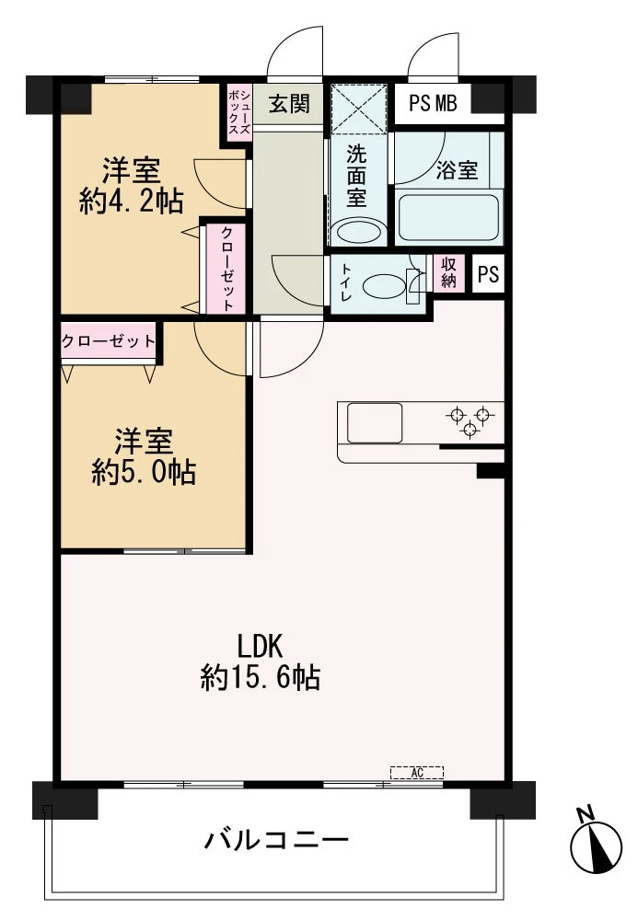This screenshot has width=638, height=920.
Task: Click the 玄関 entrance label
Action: click(x=289, y=104)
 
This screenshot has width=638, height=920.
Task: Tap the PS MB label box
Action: click(x=433, y=104)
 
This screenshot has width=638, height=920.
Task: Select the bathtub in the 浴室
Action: click(x=449, y=216)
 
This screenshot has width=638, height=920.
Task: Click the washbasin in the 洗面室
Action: click(x=355, y=232)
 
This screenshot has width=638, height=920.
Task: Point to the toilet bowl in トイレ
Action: click(x=384, y=287)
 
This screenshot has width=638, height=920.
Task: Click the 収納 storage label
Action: click(x=449, y=272)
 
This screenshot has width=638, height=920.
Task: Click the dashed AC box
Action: click(x=417, y=772)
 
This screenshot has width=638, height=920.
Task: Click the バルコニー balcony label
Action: click(x=276, y=840)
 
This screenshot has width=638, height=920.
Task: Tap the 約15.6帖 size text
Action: click(x=260, y=678)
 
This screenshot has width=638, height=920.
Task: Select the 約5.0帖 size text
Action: click(x=144, y=472)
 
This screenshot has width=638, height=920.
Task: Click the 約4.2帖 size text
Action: click(x=132, y=201)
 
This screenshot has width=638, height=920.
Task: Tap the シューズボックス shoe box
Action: click(x=239, y=112)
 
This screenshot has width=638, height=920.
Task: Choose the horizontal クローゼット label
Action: click(x=109, y=341)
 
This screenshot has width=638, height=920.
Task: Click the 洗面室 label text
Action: click(x=356, y=176)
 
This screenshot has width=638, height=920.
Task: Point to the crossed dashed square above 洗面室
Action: click(x=359, y=109)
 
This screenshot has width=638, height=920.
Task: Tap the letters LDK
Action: click(x=260, y=647)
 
